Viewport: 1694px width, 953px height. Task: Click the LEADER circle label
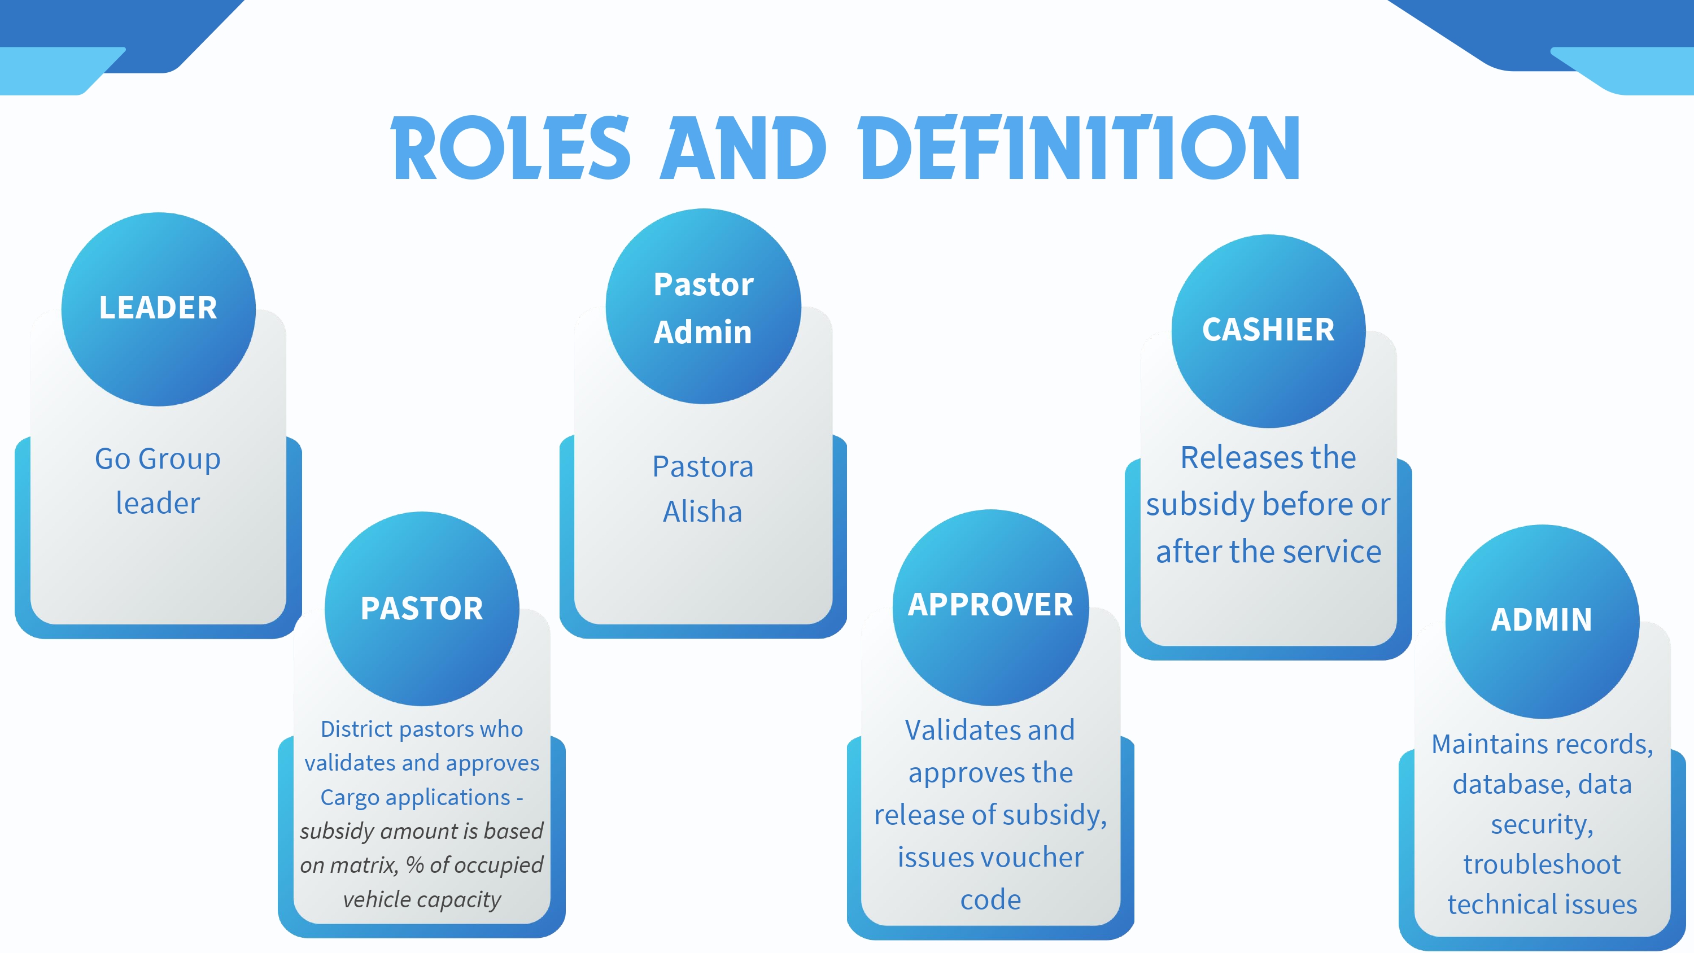(158, 308)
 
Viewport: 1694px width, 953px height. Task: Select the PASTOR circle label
(422, 609)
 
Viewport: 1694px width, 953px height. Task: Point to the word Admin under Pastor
(702, 332)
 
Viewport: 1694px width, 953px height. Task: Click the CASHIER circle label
(1268, 330)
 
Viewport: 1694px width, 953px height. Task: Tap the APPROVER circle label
(990, 605)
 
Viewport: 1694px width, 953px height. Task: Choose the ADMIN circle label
(1542, 619)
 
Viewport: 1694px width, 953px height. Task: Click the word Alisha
(702, 512)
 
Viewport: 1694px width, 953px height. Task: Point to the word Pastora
(702, 467)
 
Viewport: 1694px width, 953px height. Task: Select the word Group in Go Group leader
(179, 459)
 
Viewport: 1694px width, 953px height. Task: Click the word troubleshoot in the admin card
(1542, 864)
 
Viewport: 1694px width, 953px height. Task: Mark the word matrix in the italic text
(364, 865)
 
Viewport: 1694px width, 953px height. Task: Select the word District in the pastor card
(356, 729)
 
